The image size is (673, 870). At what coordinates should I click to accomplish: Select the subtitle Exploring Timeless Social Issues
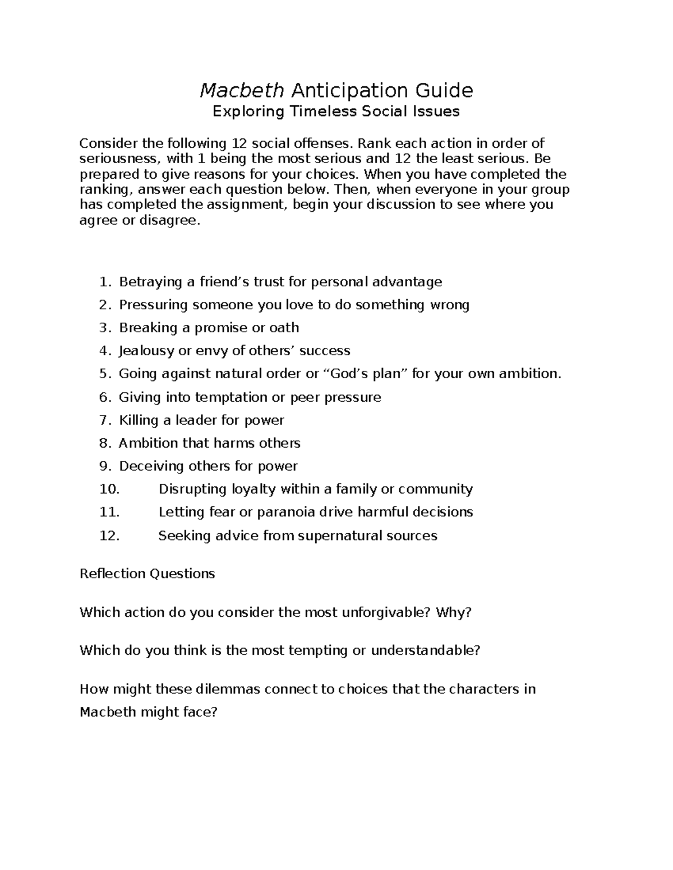[336, 111]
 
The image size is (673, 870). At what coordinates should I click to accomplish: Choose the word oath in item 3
[284, 328]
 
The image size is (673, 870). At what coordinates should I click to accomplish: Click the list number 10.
[109, 489]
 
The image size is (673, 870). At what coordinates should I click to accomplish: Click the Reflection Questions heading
[147, 574]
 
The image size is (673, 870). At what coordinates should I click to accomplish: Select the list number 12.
[109, 536]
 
